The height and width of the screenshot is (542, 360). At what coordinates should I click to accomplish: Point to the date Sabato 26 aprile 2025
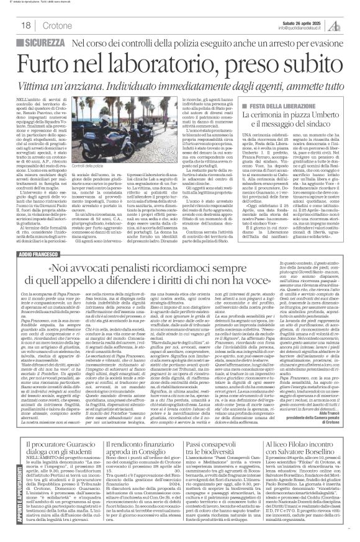(x=304, y=21)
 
